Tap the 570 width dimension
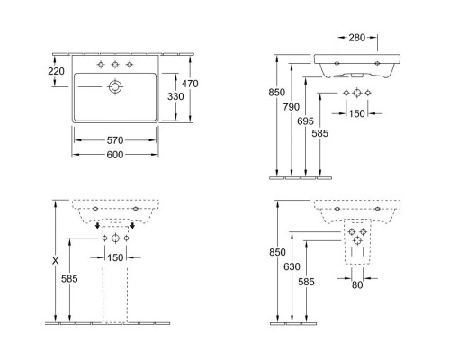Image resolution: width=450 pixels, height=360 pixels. click(x=115, y=140)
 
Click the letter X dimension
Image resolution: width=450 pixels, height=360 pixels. click(x=57, y=261)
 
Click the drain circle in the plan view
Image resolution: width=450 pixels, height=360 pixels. click(x=114, y=86)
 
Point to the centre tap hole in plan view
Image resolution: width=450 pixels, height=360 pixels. click(x=114, y=65)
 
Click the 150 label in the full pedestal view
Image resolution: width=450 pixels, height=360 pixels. click(x=116, y=258)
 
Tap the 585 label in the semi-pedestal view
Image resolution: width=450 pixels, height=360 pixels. click(x=307, y=281)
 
